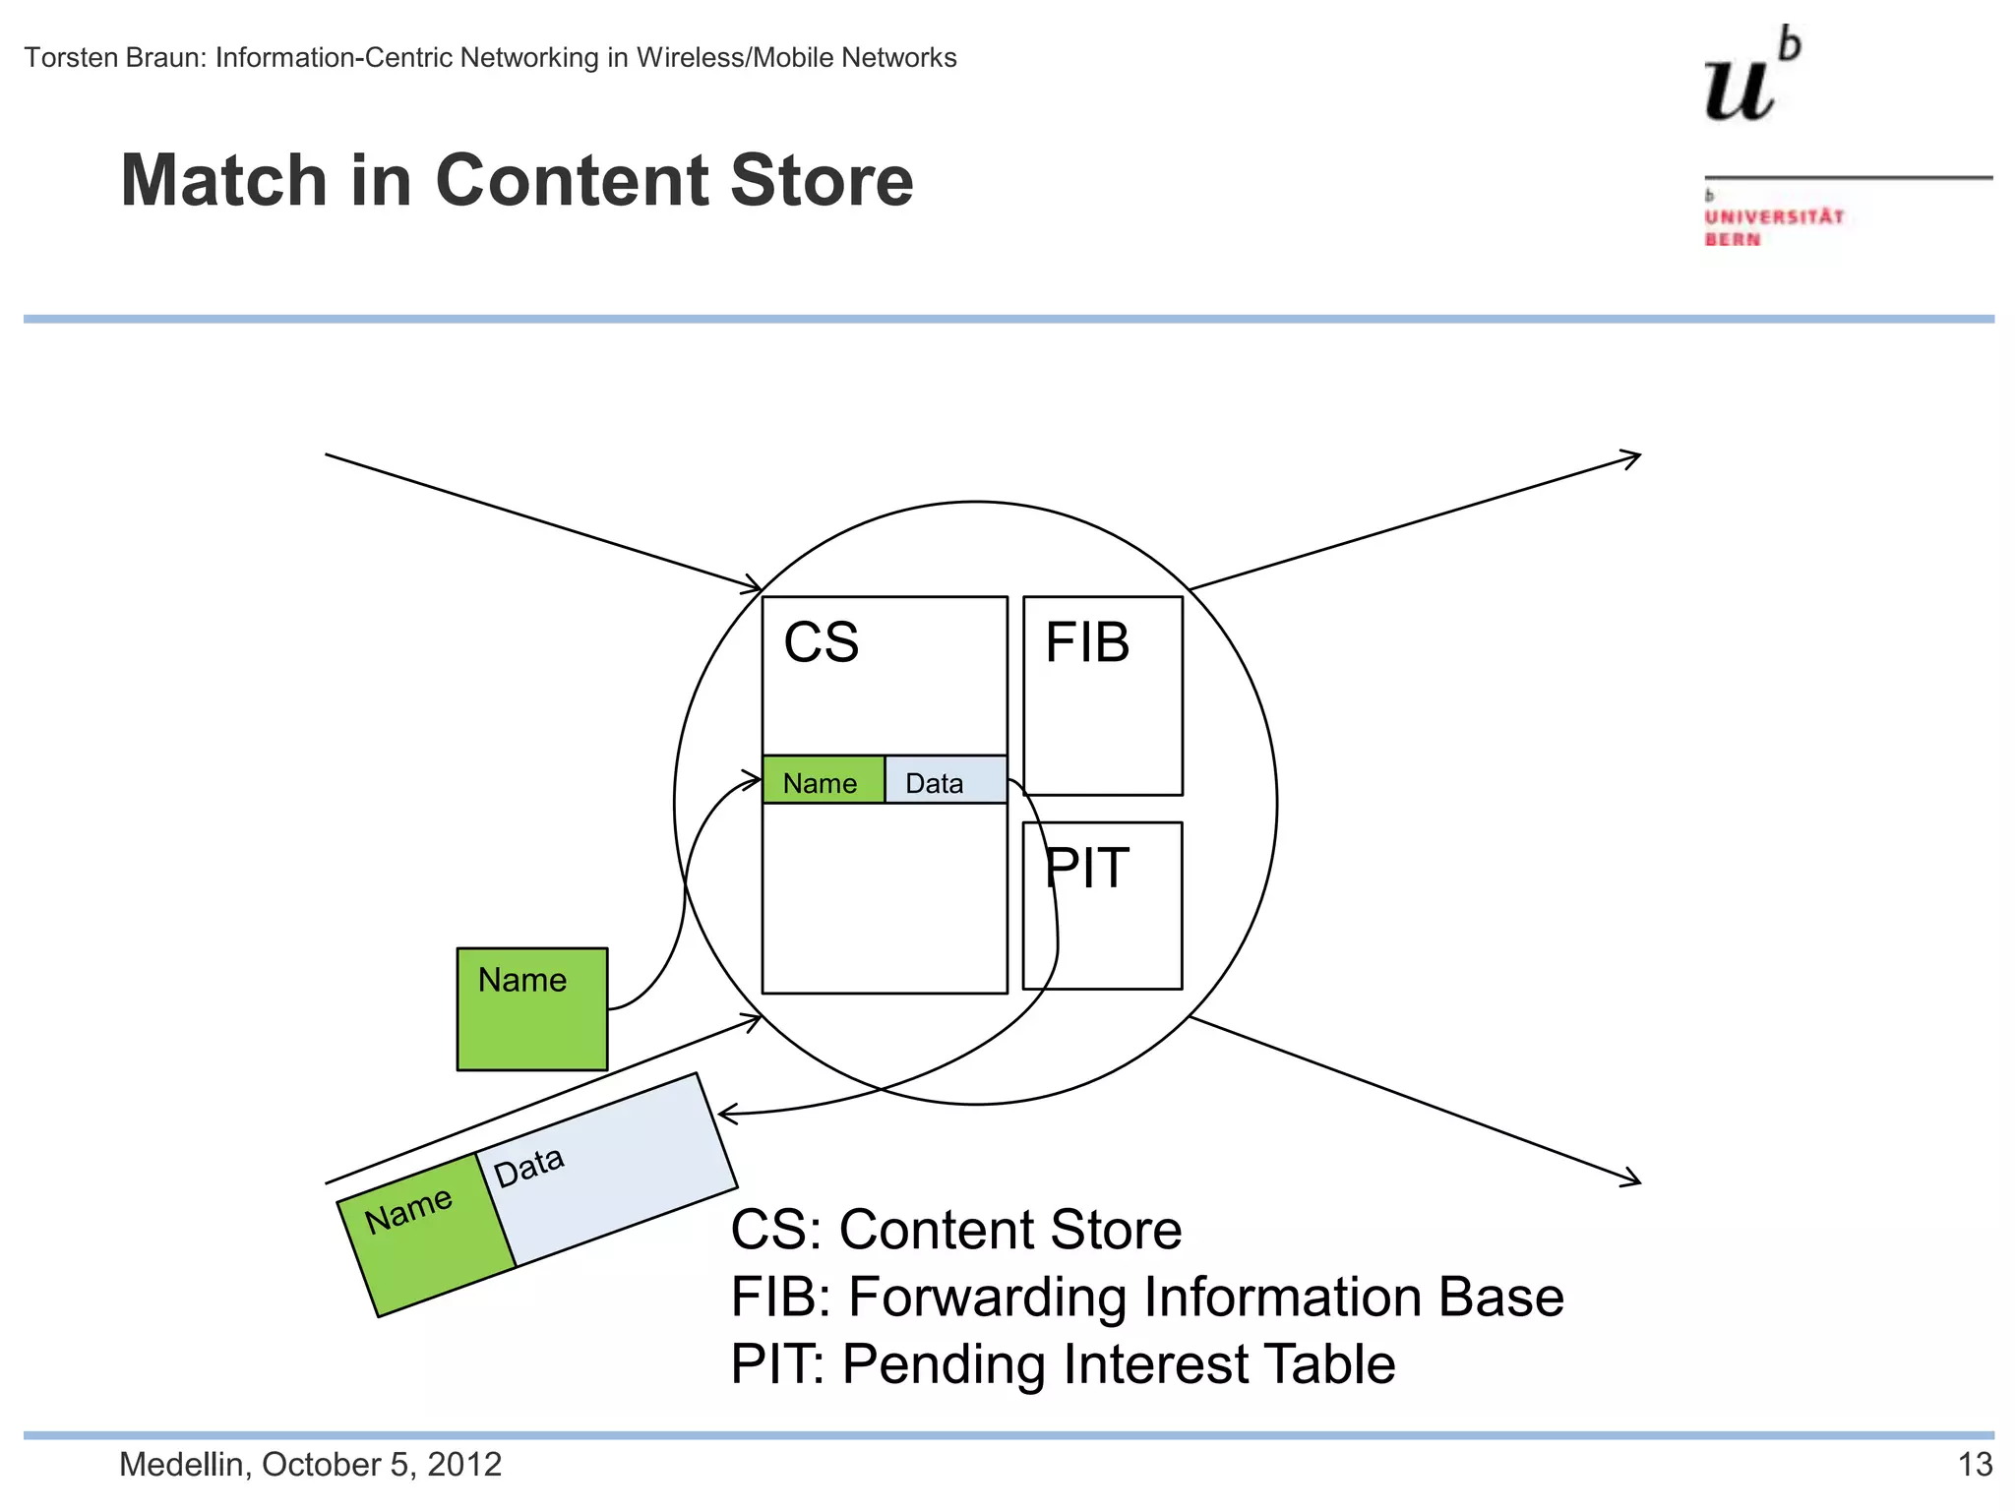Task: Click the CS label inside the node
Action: coord(821,642)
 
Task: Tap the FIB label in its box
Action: coord(1086,642)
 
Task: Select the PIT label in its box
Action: coord(1085,868)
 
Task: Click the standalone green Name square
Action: coord(532,1009)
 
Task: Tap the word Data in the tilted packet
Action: coord(529,1168)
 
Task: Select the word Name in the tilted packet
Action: coord(408,1210)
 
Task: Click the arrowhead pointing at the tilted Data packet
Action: coord(726,1115)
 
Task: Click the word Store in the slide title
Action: coord(822,181)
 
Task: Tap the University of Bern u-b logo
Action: coord(1751,79)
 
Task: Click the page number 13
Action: coord(1975,1465)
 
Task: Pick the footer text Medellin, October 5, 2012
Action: coord(310,1465)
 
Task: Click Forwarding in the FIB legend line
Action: coord(987,1297)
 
